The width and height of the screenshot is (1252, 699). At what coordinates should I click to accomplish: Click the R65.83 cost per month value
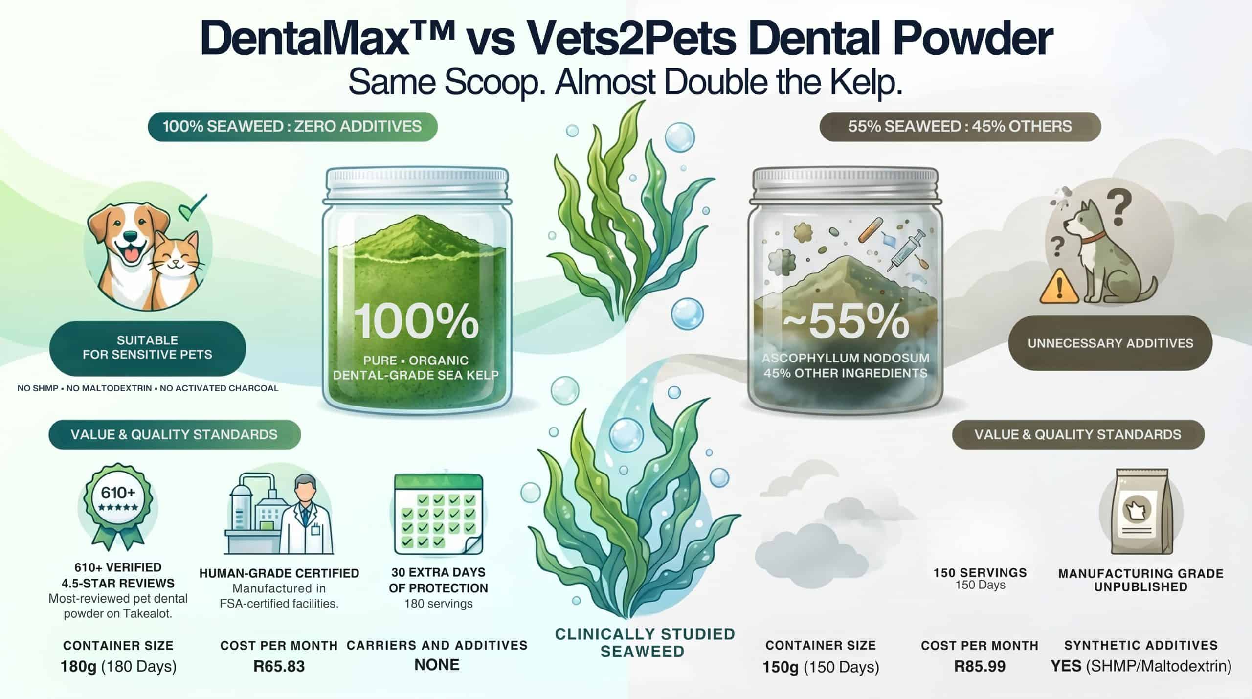pos(279,666)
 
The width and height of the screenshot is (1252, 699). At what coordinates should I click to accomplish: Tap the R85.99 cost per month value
pos(980,666)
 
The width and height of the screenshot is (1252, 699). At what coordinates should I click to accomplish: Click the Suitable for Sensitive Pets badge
pos(147,348)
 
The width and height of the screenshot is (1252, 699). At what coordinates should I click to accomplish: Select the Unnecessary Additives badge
pos(1110,343)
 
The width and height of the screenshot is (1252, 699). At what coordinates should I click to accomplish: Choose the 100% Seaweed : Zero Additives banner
pos(292,127)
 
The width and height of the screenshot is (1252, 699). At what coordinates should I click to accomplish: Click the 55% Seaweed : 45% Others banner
pos(960,127)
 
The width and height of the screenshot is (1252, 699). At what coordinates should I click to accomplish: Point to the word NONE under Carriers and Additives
pos(437,665)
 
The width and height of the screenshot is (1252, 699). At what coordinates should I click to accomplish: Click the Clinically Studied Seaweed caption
pos(644,643)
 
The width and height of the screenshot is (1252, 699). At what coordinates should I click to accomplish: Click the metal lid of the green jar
pos(417,185)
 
